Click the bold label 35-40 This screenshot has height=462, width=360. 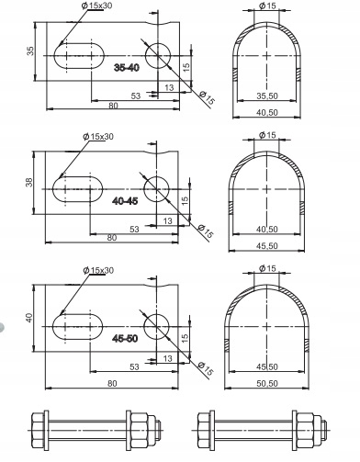127,68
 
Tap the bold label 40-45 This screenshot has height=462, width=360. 125,201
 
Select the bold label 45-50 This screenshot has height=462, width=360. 125,338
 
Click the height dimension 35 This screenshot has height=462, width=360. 30,51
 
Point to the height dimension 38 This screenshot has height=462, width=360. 28,183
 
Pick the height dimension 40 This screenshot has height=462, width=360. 28,318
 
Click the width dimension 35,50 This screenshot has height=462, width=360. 267,96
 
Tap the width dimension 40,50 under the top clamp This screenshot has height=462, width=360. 267,112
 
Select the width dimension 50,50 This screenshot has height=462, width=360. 267,383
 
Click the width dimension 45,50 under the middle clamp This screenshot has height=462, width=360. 267,246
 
